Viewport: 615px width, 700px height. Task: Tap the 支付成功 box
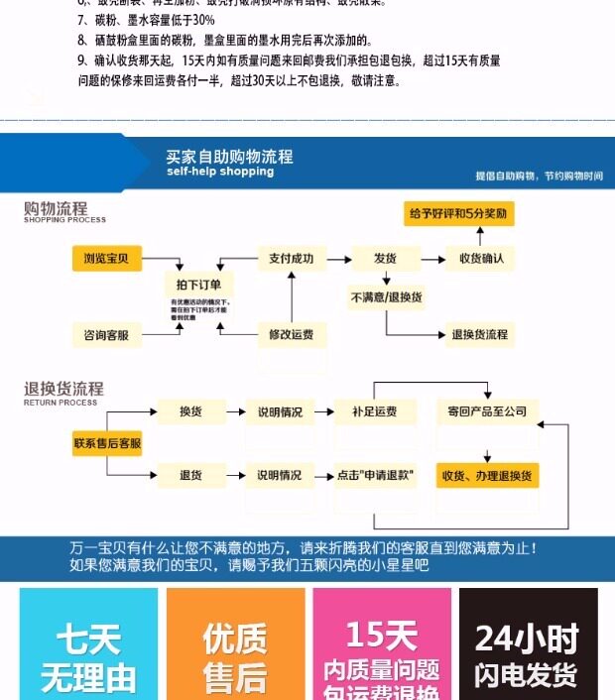tap(292, 259)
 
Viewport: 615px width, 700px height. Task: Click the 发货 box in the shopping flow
tap(385, 259)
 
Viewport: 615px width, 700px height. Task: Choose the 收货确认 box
tap(481, 259)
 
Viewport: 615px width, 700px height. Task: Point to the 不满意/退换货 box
tap(386, 297)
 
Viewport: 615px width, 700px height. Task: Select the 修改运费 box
tap(292, 335)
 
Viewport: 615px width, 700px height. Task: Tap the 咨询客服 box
tap(107, 335)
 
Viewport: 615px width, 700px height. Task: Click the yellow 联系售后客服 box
tap(107, 442)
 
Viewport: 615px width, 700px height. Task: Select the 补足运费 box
tap(374, 411)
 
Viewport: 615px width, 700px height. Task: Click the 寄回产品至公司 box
tap(488, 411)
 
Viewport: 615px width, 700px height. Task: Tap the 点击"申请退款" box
tap(374, 475)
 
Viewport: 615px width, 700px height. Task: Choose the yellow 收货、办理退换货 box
tap(488, 475)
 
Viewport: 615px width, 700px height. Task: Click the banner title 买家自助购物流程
tap(229, 157)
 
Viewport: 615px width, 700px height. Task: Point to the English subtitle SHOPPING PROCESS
tap(64, 220)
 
